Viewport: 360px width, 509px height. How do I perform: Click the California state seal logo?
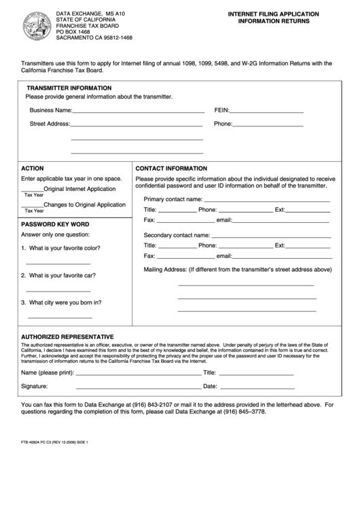(x=35, y=26)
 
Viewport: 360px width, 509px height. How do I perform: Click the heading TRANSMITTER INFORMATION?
(x=69, y=88)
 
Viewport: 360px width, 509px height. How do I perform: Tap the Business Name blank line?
(x=138, y=111)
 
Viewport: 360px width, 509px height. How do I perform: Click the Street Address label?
(x=50, y=124)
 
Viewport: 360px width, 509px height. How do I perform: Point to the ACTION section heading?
(x=33, y=168)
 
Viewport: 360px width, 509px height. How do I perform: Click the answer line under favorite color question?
(x=58, y=263)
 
